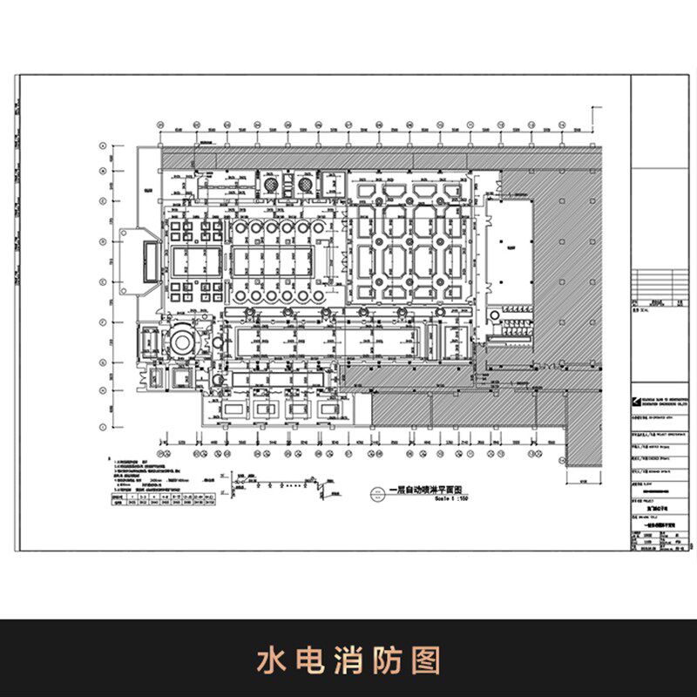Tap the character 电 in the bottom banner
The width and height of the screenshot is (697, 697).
[x=308, y=660]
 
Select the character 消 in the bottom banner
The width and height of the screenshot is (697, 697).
[x=348, y=660]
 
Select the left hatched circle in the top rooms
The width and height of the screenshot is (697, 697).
[x=272, y=185]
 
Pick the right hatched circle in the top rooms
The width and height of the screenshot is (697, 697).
[x=305, y=185]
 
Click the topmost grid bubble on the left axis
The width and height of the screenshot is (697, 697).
[x=103, y=145]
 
